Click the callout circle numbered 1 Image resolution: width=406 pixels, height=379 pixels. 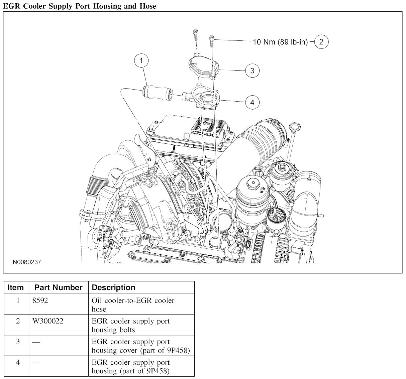141,61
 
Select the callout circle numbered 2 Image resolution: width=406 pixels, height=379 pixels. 321,42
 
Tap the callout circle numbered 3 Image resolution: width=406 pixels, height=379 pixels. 252,71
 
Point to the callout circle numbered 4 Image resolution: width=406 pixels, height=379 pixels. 252,102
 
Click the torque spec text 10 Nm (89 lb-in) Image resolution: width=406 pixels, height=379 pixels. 280,42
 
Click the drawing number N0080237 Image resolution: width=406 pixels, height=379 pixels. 27,262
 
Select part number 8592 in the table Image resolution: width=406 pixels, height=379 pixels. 40,300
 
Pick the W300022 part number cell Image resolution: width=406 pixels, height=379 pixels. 48,321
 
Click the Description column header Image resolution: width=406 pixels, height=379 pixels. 113,287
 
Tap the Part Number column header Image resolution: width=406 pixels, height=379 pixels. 59,287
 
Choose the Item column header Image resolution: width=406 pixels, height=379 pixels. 15,287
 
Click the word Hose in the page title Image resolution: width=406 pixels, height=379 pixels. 148,6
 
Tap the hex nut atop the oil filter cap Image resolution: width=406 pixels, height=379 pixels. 253,183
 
